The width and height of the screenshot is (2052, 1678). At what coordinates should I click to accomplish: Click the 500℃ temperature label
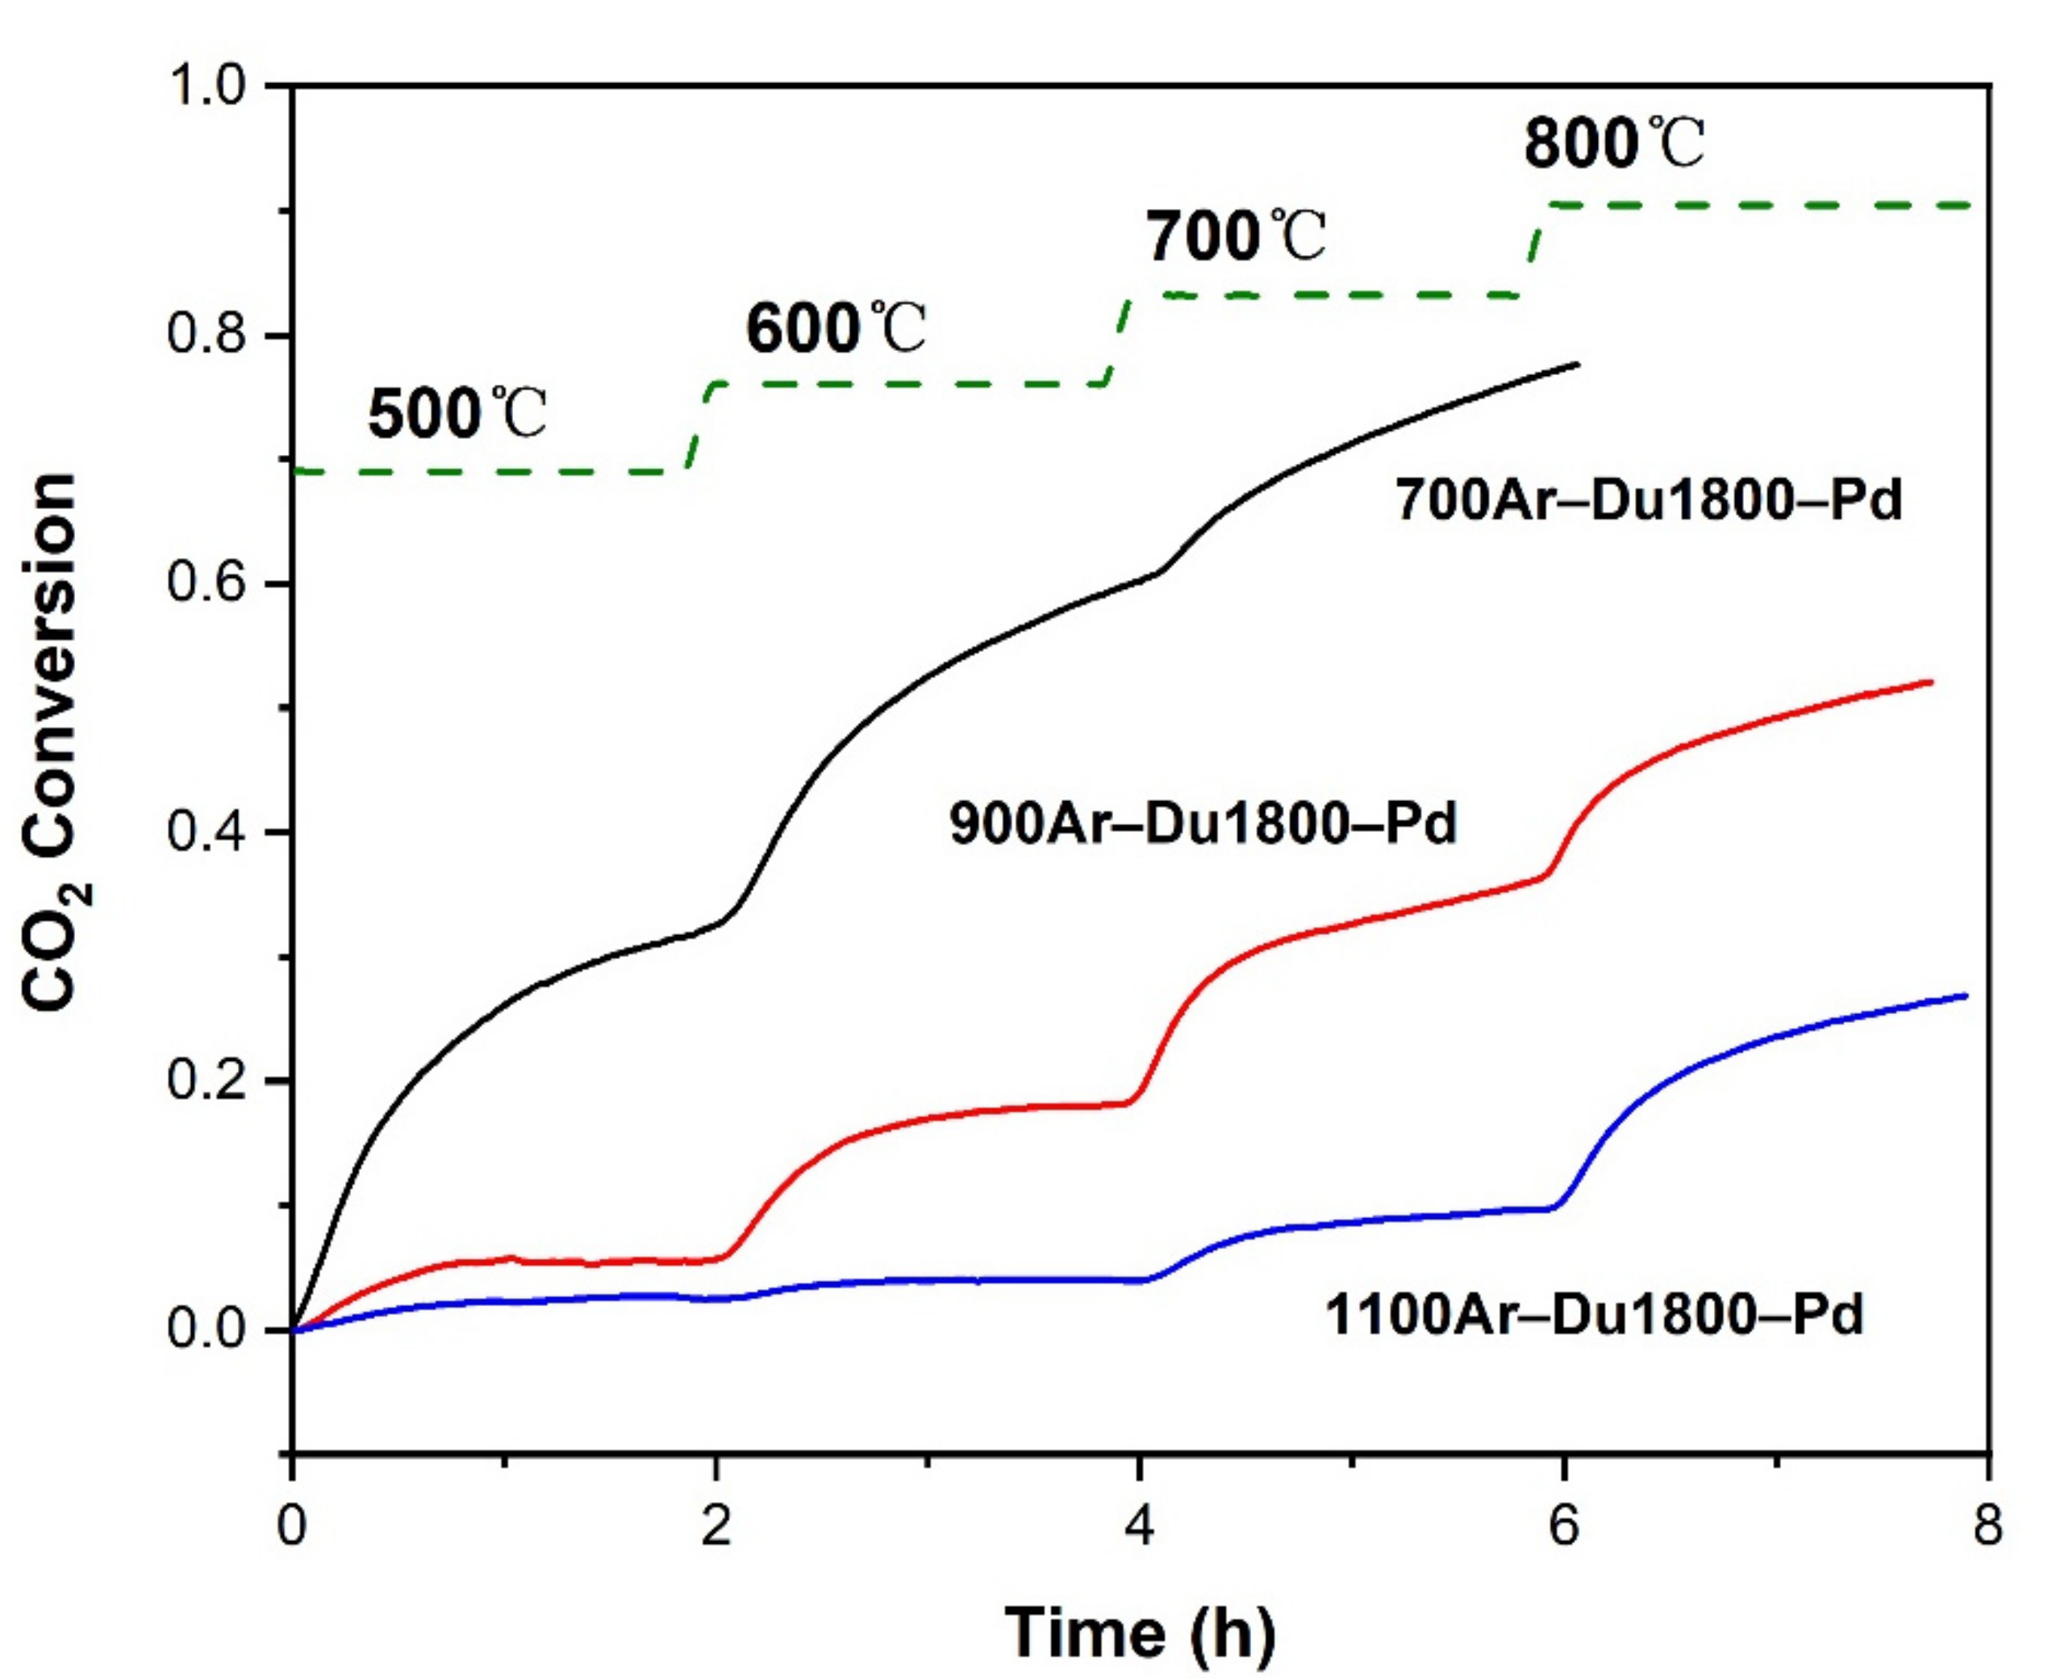pyautogui.click(x=457, y=415)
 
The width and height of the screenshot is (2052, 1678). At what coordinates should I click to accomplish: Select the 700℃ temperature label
pyautogui.click(x=1237, y=237)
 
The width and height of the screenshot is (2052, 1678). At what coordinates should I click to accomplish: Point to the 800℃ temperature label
pyautogui.click(x=1614, y=145)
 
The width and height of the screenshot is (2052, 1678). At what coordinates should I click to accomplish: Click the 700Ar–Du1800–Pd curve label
pyautogui.click(x=1648, y=501)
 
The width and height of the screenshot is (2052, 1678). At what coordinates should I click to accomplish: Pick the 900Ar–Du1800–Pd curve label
pyautogui.click(x=1203, y=824)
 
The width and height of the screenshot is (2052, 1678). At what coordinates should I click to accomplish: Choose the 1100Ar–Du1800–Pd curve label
pyautogui.click(x=1593, y=1316)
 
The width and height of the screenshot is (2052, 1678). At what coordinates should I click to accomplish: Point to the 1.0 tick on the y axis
pyautogui.click(x=209, y=87)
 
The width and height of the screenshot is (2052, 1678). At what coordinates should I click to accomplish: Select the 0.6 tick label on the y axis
pyautogui.click(x=209, y=584)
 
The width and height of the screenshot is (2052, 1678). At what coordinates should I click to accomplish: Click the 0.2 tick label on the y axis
pyautogui.click(x=209, y=1081)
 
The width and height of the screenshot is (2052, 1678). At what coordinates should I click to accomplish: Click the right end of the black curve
pyautogui.click(x=1578, y=365)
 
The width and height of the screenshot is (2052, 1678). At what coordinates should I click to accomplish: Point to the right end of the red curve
pyautogui.click(x=1930, y=682)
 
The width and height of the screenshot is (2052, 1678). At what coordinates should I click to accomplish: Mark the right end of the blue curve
pyautogui.click(x=1966, y=996)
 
